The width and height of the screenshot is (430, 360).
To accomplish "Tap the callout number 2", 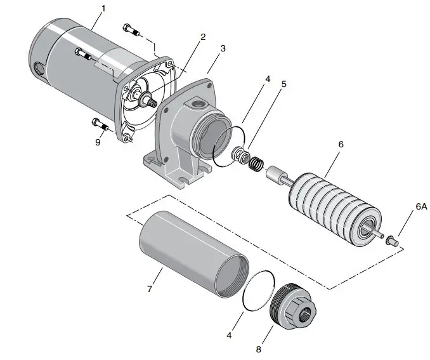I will [203, 37].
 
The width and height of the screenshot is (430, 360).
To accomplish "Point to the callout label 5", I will [283, 84].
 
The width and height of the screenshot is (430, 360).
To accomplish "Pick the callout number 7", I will [149, 290].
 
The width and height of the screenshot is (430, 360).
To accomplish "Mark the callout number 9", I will [98, 142].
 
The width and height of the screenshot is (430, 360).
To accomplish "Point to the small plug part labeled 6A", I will [391, 240].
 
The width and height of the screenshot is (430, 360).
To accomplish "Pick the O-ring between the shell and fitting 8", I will [259, 291].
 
